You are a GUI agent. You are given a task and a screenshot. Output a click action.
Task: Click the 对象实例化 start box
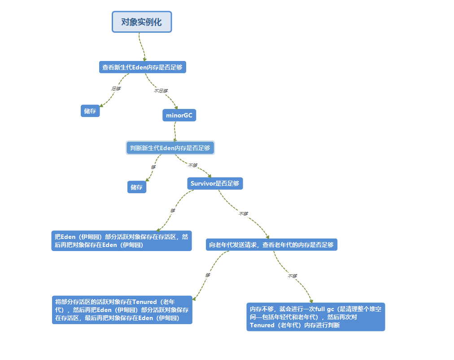(141, 22)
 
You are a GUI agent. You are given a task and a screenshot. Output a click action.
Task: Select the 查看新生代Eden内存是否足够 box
(142, 67)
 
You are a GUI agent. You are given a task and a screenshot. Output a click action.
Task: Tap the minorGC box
(179, 115)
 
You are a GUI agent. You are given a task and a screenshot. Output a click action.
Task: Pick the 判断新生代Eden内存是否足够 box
(170, 147)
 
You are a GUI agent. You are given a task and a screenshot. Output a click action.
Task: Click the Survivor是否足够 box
(214, 183)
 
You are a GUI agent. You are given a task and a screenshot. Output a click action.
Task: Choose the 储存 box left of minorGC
(90, 111)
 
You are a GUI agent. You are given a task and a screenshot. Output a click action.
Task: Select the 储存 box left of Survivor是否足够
(136, 187)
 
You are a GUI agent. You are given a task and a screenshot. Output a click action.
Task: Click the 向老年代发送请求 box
(271, 245)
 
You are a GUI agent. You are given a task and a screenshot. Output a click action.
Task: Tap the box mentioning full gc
(315, 317)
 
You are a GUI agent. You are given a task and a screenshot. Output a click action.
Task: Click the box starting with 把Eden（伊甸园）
(122, 241)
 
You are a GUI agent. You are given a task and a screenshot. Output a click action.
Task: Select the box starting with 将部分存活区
(122, 310)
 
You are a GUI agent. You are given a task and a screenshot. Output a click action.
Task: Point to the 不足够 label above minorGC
(161, 91)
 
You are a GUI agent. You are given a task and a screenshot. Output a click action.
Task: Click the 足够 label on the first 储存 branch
(116, 88)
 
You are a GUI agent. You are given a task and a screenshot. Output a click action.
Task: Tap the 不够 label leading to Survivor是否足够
(192, 165)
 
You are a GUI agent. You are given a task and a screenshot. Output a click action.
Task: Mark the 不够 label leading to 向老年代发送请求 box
(243, 214)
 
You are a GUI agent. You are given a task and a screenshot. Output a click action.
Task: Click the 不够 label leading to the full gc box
(292, 276)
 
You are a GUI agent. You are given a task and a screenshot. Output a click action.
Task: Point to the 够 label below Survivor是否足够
(173, 210)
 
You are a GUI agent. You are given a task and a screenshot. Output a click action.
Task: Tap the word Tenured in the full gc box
(261, 325)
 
